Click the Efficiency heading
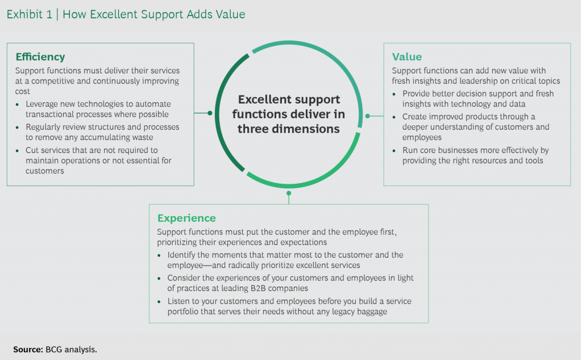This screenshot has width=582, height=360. point(40,57)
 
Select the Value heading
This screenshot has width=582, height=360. point(407,57)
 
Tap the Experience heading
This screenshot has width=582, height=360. point(186,218)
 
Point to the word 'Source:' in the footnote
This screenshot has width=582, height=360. point(28,349)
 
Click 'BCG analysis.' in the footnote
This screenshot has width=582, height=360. point(68,349)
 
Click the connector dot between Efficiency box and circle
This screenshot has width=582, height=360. point(210,113)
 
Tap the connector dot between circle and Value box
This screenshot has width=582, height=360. point(368,116)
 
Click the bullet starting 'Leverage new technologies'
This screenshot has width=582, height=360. point(98,109)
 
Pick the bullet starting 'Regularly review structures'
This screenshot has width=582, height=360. point(102,133)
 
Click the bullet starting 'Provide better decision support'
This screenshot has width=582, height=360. point(477,98)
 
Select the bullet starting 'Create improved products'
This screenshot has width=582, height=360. point(475,127)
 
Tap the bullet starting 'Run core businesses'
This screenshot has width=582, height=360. point(475,155)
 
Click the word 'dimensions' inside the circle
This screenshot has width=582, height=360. point(310,129)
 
